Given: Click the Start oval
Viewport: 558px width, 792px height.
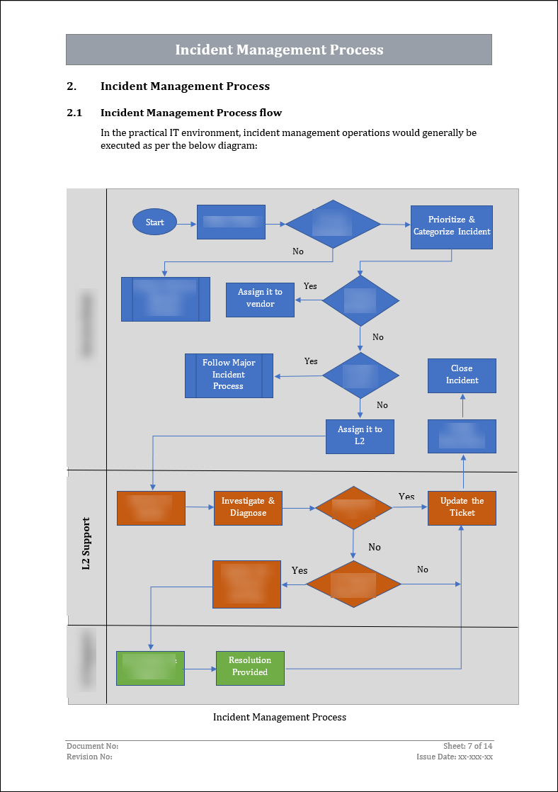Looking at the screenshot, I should (154, 222).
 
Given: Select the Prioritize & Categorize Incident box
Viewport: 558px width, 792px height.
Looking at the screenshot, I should (452, 227).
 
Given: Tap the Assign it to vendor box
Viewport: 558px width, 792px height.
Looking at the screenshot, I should (260, 299).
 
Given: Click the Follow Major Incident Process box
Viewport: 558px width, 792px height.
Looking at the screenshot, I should (229, 375).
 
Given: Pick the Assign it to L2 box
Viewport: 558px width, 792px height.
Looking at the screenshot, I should (360, 436).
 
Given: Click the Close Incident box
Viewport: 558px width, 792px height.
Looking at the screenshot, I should (462, 375).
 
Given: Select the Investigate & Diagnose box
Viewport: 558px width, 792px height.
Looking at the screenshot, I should (248, 507).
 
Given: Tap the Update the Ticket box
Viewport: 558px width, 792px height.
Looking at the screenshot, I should (462, 507).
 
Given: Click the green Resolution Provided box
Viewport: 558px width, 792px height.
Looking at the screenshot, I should (250, 667).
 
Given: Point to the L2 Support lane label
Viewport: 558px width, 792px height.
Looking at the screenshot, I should (86, 543).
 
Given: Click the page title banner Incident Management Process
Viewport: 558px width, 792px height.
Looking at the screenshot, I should (279, 50).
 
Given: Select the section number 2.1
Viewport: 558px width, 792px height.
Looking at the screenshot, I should (74, 113).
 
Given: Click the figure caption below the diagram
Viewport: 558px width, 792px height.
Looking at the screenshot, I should (280, 718).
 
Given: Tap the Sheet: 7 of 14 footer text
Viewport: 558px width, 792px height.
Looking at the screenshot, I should (467, 746).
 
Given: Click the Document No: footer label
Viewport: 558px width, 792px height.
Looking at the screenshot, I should (92, 746).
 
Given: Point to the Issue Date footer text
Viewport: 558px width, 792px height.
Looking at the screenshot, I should (455, 757).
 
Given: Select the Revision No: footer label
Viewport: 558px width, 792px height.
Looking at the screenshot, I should (89, 757).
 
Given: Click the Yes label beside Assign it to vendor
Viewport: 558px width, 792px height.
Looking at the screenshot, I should (310, 286).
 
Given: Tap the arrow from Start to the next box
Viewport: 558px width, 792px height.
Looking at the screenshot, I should (186, 223).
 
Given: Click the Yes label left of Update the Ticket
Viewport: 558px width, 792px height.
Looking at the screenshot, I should (406, 497).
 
